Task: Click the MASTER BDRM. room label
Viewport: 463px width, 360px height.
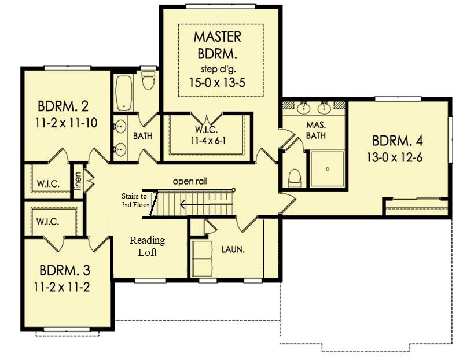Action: [218, 45]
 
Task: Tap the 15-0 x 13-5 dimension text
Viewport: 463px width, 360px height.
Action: [217, 83]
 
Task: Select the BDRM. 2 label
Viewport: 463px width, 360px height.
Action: [63, 106]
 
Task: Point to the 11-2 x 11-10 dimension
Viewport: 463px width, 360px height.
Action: [66, 123]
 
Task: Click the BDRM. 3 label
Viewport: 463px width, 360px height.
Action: [65, 270]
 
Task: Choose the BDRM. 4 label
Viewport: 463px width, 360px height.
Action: [398, 141]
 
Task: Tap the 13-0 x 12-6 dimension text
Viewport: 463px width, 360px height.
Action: [395, 157]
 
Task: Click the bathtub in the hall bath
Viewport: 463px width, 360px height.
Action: [124, 93]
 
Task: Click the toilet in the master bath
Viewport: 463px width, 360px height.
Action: [295, 178]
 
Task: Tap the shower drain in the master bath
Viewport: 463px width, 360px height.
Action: [328, 169]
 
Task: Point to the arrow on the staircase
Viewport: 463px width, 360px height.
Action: [206, 204]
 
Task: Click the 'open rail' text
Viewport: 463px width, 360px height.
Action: [190, 181]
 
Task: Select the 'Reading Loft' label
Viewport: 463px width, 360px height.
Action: [148, 247]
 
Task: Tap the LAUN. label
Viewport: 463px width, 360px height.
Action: [233, 250]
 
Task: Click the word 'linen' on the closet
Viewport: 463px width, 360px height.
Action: [78, 181]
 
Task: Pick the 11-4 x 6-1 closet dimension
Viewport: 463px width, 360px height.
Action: [208, 141]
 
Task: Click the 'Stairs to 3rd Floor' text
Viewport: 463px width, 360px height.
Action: [135, 200]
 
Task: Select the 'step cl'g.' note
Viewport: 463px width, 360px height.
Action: [218, 69]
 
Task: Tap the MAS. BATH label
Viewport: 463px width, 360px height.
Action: [316, 130]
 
